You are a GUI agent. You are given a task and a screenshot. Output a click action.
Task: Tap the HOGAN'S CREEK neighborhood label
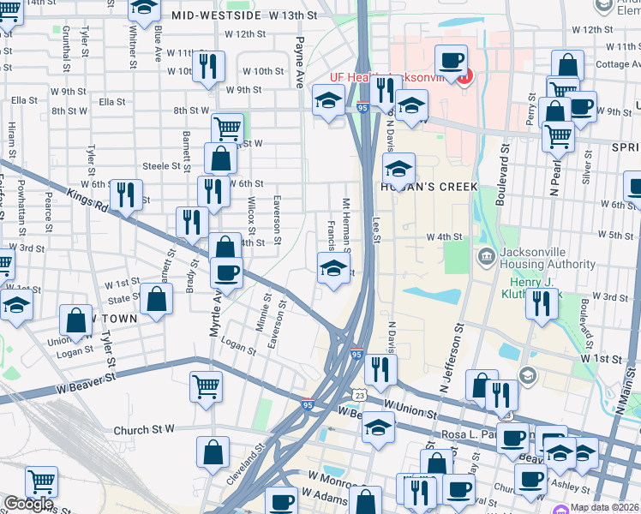(x=417, y=186)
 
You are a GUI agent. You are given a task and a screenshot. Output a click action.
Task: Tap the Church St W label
(x=144, y=429)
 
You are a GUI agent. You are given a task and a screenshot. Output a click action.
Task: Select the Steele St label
(x=159, y=165)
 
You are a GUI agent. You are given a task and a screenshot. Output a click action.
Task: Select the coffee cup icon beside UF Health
(x=450, y=62)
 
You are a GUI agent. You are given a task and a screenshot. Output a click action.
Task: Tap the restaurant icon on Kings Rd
(x=125, y=195)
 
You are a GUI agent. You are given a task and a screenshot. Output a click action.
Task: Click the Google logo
(x=27, y=504)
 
